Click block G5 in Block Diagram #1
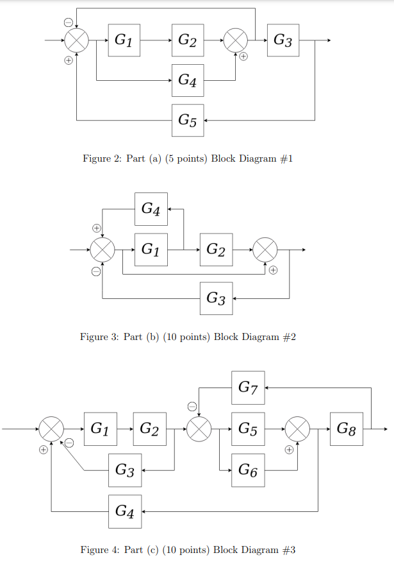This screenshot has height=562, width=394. click(188, 120)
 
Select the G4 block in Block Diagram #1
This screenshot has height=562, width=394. click(188, 80)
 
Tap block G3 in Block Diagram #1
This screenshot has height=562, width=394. click(283, 40)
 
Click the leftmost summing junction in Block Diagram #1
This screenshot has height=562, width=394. click(76, 40)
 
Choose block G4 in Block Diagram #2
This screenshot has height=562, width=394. click(151, 209)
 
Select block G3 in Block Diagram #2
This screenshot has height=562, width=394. click(217, 298)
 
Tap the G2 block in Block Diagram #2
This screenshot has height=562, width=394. click(217, 250)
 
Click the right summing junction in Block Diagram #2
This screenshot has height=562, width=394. click(265, 250)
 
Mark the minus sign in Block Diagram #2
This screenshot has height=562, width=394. click(95, 271)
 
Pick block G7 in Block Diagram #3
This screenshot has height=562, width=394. click(248, 387)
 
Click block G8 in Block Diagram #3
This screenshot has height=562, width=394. click(347, 429)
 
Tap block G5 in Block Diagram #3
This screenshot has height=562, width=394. click(248, 429)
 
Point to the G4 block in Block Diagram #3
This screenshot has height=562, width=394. click(125, 511)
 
